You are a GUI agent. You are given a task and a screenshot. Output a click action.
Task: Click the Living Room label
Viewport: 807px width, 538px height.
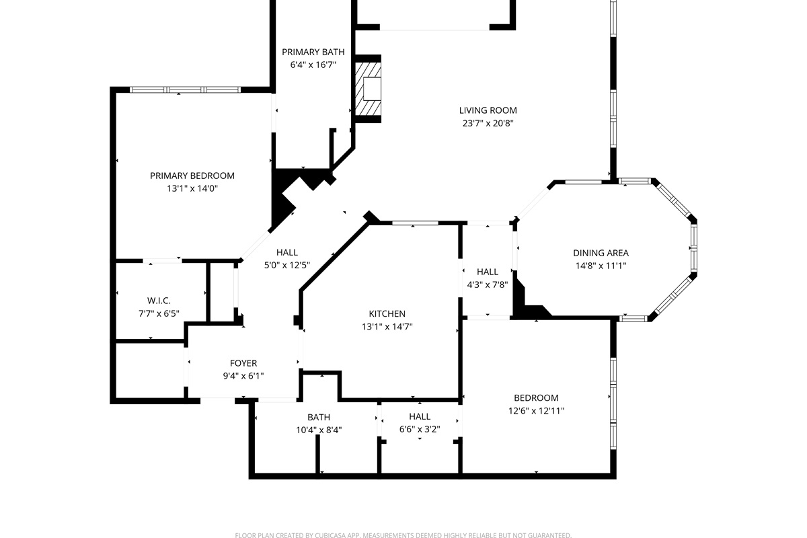point(488,110)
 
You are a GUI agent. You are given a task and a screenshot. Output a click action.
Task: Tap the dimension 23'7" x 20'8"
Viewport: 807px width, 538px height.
point(488,123)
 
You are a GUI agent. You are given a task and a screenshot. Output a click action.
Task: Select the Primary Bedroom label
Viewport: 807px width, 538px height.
point(192,176)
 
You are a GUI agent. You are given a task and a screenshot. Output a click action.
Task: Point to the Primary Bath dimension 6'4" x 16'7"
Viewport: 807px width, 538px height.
point(313,65)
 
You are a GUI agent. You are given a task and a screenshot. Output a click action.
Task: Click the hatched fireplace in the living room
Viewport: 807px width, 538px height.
point(368,89)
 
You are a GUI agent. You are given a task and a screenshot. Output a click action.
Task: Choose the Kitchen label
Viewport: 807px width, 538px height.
point(387,313)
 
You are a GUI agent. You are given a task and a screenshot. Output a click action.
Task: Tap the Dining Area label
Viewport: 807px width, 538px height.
point(601,253)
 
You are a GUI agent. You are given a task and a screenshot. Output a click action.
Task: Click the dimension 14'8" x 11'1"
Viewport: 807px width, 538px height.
point(601,266)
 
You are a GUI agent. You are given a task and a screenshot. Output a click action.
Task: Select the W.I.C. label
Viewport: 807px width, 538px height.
point(159,301)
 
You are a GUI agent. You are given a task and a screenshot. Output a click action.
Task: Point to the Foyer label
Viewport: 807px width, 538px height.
point(243,363)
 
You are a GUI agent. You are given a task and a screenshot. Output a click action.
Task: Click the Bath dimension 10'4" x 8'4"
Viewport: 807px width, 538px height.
point(319,430)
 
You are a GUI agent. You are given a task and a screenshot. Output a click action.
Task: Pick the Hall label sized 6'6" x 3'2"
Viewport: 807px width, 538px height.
point(420,416)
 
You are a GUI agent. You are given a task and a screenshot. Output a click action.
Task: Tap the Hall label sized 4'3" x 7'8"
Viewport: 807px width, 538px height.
point(488,272)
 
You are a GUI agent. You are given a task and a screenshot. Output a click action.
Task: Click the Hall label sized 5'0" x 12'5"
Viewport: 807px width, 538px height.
point(287,252)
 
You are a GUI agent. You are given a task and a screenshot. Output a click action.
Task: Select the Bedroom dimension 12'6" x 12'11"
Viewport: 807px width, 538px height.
point(536,411)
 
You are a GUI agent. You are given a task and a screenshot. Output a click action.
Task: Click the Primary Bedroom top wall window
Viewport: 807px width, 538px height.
point(185,89)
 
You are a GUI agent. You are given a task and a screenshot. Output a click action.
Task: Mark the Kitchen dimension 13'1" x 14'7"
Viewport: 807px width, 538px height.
point(387,326)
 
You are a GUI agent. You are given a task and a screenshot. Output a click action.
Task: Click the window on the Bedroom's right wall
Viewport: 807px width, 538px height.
point(613,403)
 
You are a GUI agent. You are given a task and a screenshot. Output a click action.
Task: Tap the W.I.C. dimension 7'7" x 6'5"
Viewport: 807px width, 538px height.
point(159,313)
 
